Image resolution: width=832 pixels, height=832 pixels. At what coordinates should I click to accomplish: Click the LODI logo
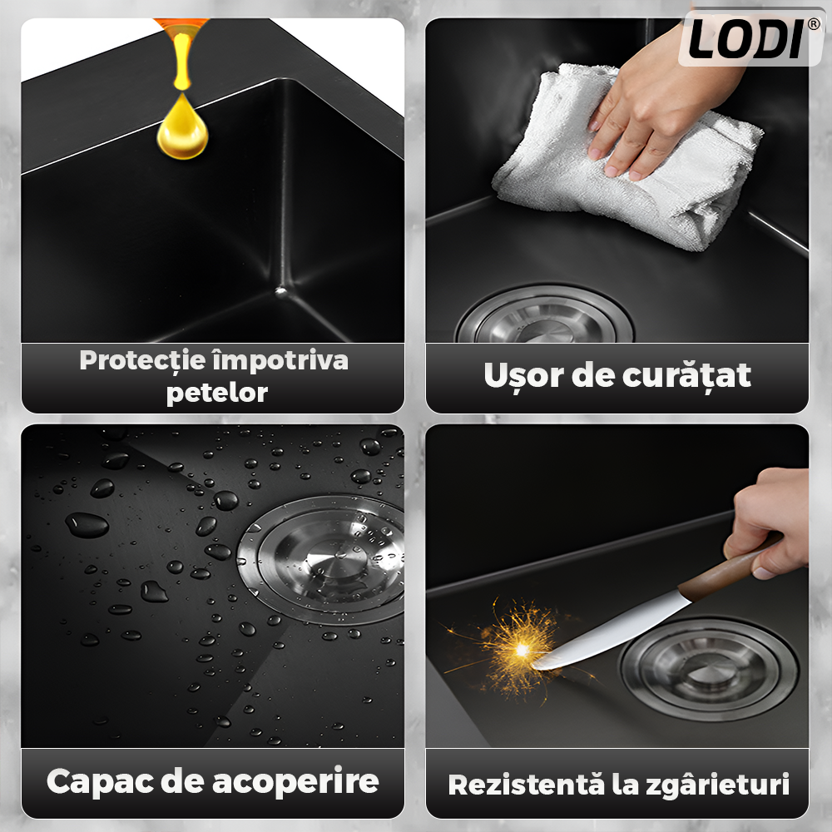pos(746,38)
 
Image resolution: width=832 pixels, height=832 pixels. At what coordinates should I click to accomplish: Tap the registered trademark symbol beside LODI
pos(814,24)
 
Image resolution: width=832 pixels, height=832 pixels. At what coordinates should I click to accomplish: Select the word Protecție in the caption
pos(143,360)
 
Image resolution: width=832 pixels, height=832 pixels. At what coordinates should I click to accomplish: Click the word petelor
pos(217,394)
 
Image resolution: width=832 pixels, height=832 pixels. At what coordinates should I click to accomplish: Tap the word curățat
pos(686,376)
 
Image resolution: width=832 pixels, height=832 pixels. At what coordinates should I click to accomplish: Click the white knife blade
pos(610,633)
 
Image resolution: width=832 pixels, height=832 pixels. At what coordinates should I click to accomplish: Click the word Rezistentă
pos(527,785)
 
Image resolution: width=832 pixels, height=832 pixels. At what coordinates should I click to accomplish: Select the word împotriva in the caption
pos(280,361)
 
